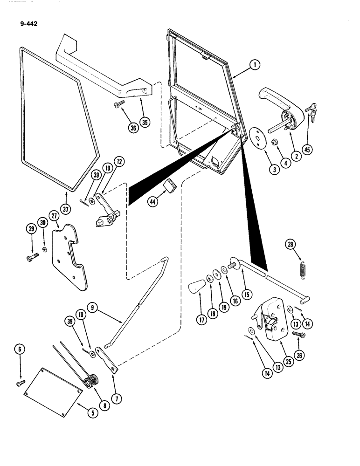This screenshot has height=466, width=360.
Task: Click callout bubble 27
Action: coord(54,216)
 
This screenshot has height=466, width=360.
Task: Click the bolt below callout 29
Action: coord(33,256)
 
